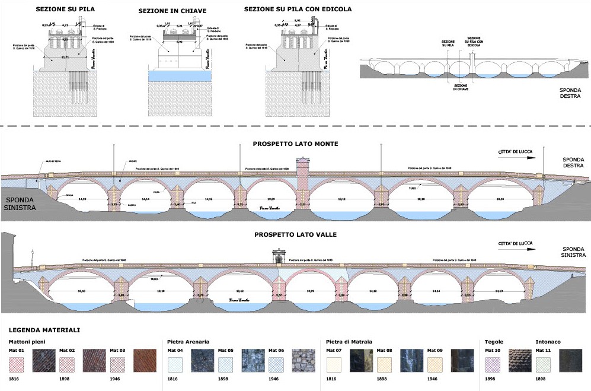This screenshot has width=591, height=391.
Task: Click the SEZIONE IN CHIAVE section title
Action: pos(172,11)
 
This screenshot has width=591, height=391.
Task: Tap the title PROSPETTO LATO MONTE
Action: pos(296,144)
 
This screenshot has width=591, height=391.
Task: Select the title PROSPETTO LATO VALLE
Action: pos(296,234)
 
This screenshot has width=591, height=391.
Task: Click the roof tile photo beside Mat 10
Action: pos(520,361)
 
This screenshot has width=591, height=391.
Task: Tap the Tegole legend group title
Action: pos(494,342)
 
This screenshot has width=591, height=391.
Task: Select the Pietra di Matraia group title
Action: pos(349,342)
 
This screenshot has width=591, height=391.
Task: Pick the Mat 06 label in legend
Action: pos(276,350)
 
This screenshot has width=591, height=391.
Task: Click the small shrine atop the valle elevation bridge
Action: pos(279,255)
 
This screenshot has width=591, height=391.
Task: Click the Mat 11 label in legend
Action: pos(544,350)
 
